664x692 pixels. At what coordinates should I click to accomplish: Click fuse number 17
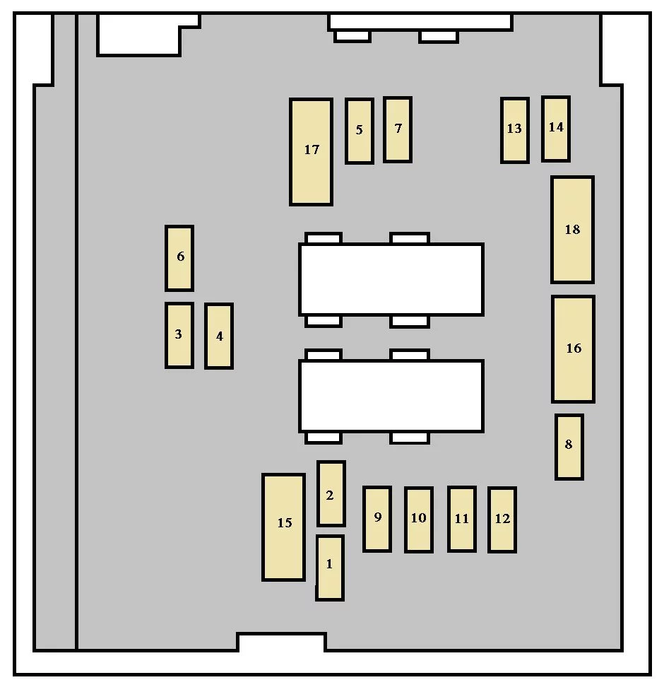(311, 152)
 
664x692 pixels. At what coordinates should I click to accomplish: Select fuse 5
(360, 131)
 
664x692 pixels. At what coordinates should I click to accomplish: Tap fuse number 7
(398, 130)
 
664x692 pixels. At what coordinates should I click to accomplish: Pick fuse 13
(514, 130)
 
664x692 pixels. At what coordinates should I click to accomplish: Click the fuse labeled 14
(556, 129)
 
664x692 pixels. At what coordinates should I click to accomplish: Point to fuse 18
(572, 230)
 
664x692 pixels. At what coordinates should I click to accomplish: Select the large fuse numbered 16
(573, 349)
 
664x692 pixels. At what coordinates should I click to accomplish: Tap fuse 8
(569, 447)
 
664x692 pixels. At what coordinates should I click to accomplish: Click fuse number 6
(179, 258)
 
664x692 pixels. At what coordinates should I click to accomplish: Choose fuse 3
(179, 336)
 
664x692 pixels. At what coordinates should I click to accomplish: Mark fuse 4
(219, 336)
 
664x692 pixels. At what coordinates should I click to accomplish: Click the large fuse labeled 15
(283, 527)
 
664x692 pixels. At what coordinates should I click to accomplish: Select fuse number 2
(331, 494)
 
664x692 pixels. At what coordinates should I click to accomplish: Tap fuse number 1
(330, 568)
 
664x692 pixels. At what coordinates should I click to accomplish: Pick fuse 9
(377, 520)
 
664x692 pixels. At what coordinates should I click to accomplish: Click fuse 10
(419, 520)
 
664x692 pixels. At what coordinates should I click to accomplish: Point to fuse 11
(462, 520)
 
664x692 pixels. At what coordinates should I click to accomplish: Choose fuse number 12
(502, 520)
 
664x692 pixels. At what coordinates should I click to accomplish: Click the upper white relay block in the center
(391, 280)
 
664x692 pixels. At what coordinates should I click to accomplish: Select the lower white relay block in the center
(391, 397)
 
